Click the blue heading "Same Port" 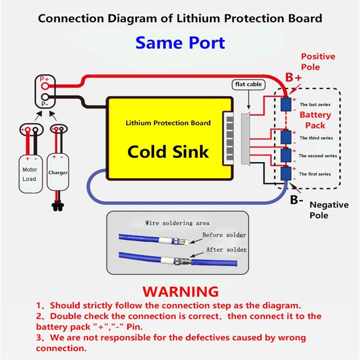point(180,43)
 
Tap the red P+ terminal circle point(45,85)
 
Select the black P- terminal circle point(45,97)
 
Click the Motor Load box point(30,175)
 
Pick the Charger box point(58,173)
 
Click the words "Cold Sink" point(168,151)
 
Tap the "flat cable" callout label point(247,85)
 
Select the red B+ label point(293,78)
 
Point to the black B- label point(296,200)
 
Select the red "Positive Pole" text point(318,62)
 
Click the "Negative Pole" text point(328,210)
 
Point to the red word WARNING point(180,291)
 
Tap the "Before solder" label point(224,235)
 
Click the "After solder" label point(226,250)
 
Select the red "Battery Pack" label point(315,120)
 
